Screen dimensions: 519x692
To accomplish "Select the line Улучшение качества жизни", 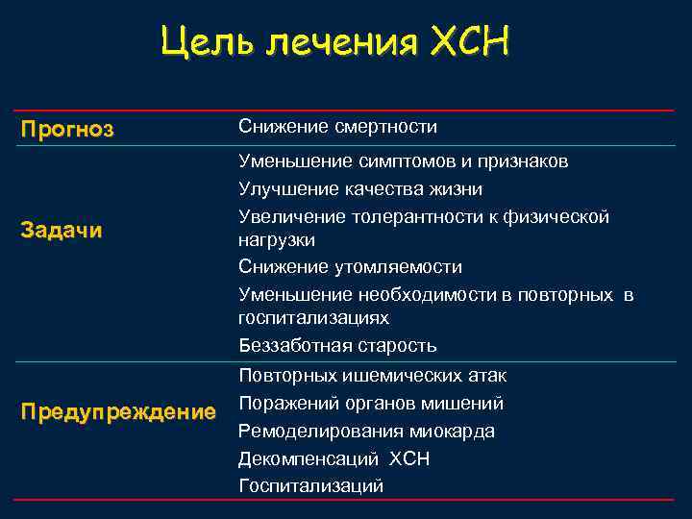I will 360,189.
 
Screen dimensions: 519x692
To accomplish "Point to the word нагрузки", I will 276,238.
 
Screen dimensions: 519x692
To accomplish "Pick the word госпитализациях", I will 313,316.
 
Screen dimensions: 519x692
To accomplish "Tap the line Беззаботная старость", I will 337,345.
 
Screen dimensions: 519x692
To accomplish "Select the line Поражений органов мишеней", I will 371,403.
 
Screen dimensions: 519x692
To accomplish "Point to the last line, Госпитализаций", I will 310,486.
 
